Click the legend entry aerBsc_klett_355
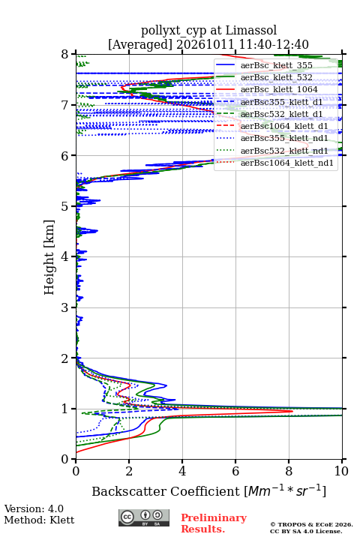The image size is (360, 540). [x=276, y=65]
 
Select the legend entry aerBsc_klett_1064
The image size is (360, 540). [x=279, y=89]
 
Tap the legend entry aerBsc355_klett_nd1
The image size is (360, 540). [x=284, y=139]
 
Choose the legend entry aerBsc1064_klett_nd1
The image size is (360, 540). [x=287, y=163]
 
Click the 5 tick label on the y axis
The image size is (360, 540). [x=65, y=206]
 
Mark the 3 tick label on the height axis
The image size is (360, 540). [x=65, y=307]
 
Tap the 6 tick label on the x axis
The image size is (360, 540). [x=235, y=471]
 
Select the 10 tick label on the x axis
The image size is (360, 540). [x=341, y=471]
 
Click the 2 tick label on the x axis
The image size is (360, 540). [x=129, y=471]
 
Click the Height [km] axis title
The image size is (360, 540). [x=49, y=257]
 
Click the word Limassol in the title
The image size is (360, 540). [x=251, y=31]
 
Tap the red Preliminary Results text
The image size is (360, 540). [x=214, y=523]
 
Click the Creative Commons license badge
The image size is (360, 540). [x=144, y=517]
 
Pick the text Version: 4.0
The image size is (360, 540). [x=34, y=508]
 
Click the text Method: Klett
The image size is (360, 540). [x=39, y=520]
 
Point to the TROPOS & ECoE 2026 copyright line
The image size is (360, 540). [x=311, y=524]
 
